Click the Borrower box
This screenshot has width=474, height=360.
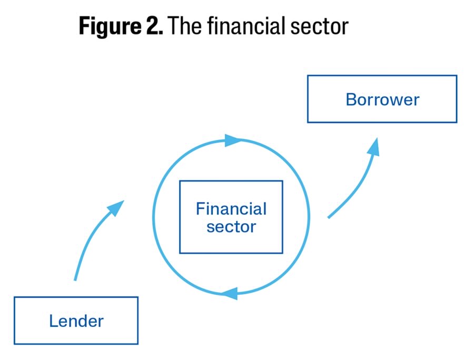[382, 99]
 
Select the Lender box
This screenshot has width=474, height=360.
[76, 321]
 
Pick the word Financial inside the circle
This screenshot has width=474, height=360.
[231, 209]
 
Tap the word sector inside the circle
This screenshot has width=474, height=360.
[231, 227]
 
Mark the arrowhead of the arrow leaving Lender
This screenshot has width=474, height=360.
[116, 207]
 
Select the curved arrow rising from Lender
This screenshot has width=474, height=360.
[90, 239]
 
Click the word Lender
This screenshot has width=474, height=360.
[76, 321]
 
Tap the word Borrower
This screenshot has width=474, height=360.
[382, 99]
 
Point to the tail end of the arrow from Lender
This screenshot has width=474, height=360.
[75, 279]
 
